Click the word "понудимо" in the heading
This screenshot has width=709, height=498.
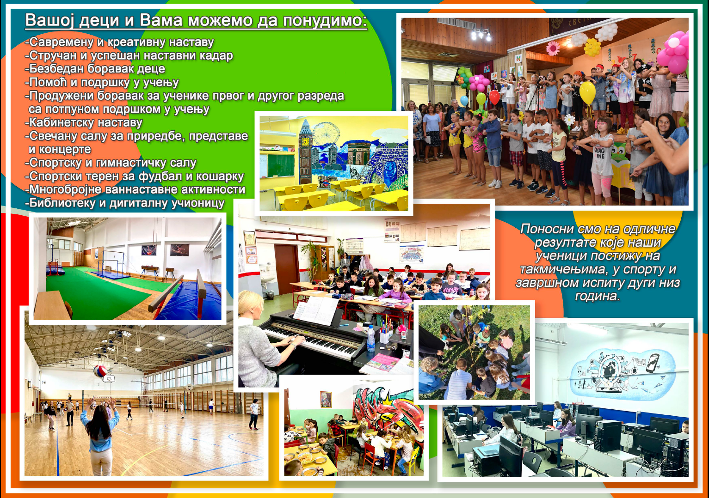click(325, 20)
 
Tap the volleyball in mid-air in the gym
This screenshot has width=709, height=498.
click(100, 371)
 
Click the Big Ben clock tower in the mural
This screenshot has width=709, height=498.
click(305, 152)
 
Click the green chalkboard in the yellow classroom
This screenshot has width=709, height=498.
click(281, 165)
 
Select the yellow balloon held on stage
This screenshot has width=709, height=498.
click(587, 92)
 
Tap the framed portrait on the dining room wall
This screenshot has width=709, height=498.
click(326, 399)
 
